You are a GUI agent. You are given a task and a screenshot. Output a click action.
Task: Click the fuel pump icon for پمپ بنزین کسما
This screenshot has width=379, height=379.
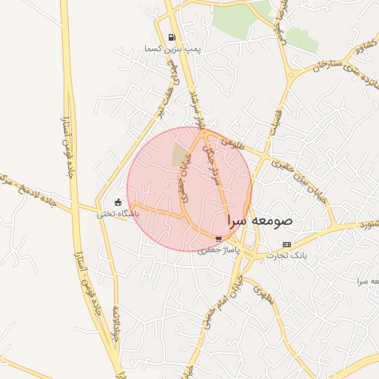tap(172, 38)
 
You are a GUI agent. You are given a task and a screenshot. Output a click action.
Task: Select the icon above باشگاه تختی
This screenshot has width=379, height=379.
tap(118, 202)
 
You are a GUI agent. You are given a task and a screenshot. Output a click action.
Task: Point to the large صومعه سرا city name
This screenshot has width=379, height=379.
tap(260, 221)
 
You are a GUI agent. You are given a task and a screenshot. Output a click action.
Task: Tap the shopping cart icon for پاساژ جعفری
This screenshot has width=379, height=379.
tap(218, 238)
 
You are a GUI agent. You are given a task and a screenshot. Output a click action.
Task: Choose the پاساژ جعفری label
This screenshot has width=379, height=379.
tap(215, 249)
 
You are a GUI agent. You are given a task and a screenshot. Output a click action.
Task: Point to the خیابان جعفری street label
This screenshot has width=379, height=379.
tap(184, 187)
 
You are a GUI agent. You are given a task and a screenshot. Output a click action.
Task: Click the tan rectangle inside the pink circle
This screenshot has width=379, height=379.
tap(180, 155)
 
